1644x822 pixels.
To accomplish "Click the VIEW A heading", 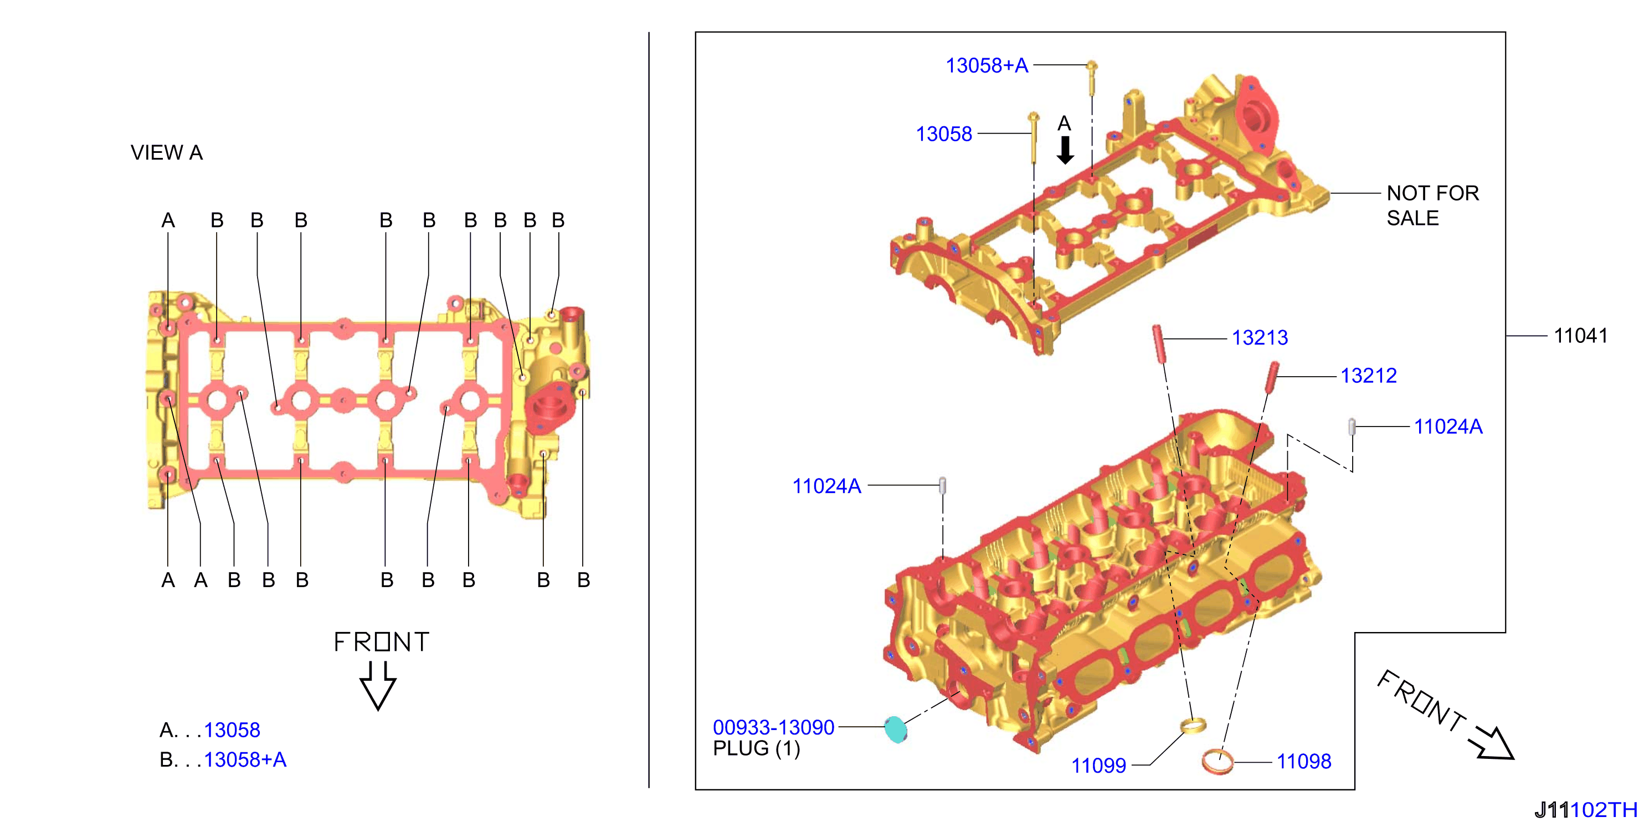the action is tap(167, 152).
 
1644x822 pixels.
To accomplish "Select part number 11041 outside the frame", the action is tap(1581, 335).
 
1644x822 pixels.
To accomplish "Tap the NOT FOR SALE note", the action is tap(1432, 206).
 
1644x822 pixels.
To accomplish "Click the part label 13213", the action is tap(1259, 338).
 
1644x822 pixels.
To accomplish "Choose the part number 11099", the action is tap(1098, 765).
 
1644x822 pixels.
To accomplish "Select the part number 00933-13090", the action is tap(773, 727).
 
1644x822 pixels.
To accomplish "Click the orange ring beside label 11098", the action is tap(1217, 762).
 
